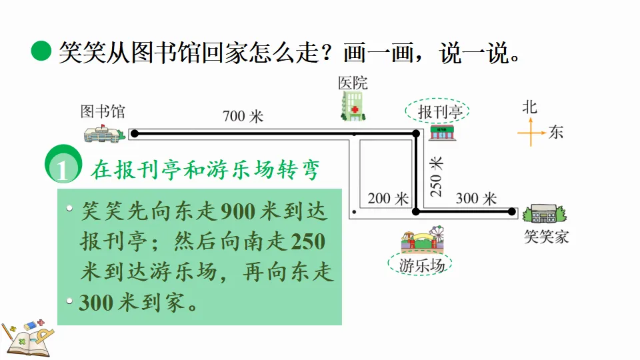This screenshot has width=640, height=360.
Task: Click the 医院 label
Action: click(353, 83)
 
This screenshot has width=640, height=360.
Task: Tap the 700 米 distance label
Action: click(243, 117)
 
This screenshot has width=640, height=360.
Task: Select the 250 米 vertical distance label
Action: click(436, 177)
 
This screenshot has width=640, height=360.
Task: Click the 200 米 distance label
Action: click(387, 199)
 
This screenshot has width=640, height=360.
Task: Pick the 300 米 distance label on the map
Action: click(477, 198)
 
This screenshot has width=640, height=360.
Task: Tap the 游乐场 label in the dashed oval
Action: click(421, 265)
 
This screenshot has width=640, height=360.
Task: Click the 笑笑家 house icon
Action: click(545, 214)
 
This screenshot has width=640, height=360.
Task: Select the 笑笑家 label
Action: click(546, 236)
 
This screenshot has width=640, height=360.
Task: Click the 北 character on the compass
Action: click(530, 106)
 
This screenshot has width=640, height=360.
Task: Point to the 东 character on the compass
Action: click(555, 132)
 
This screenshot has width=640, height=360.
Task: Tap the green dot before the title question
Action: click(41, 51)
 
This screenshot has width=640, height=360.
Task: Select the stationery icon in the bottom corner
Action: click(27, 334)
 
